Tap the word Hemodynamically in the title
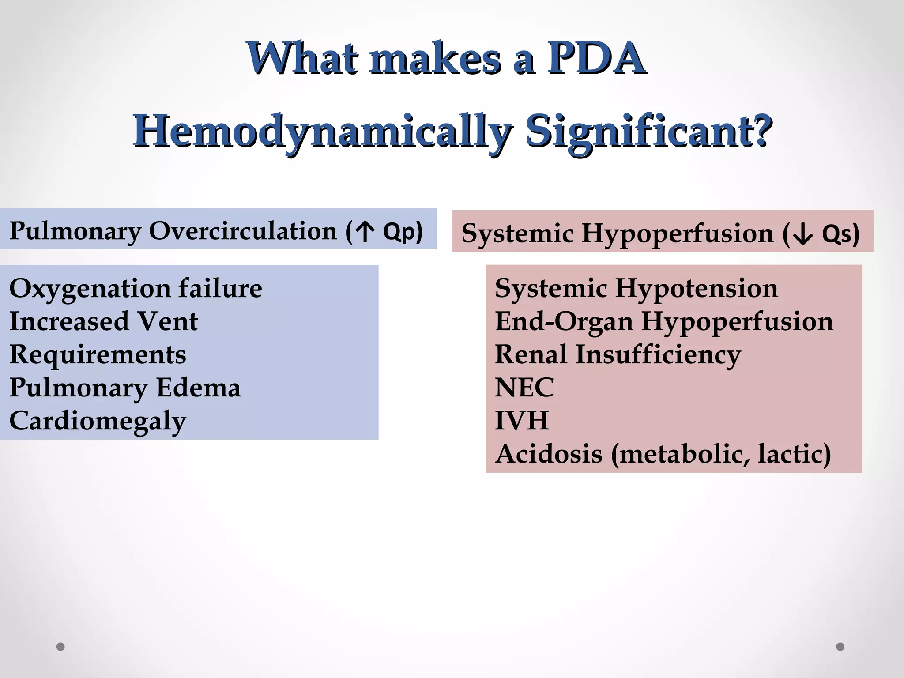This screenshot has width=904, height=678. click(x=322, y=132)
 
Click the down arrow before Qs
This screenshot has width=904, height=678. click(x=802, y=234)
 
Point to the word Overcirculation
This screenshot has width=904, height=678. click(x=242, y=231)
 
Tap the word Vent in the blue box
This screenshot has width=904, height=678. click(x=167, y=321)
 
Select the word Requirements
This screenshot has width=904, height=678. click(x=98, y=354)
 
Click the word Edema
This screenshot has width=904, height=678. click(x=198, y=388)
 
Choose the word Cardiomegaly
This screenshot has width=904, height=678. click(x=98, y=421)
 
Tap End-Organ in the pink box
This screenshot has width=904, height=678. click(x=564, y=321)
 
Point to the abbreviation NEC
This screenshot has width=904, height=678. click(x=524, y=388)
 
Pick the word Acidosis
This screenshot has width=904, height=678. click(x=548, y=454)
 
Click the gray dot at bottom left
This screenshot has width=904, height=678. click(x=60, y=647)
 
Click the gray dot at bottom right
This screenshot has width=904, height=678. click(x=840, y=647)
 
